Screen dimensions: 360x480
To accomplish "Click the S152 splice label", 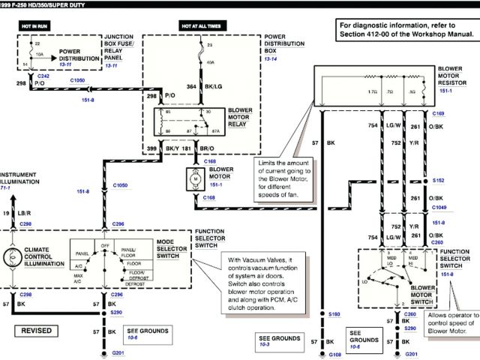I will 438,181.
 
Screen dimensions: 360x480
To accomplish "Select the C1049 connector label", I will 439,208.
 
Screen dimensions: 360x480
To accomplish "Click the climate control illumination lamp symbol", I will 13,256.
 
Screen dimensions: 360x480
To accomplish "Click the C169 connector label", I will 438,112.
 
